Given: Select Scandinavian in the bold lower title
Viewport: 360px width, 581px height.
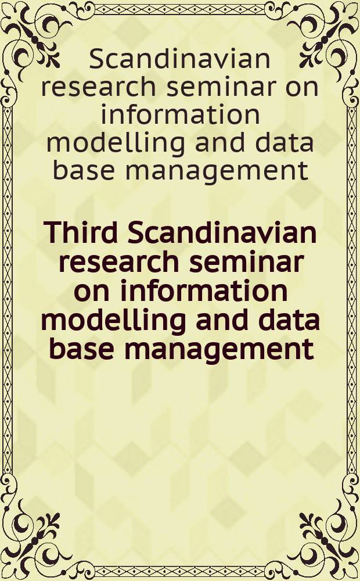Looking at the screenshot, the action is pos(222,232).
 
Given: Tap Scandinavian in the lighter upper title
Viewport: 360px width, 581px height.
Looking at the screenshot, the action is pos(180,59).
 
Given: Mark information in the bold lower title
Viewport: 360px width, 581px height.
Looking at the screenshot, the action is pos(204,290).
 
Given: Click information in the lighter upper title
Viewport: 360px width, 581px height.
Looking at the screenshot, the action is pos(181,114).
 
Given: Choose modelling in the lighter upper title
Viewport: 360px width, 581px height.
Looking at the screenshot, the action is pos(116,144).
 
